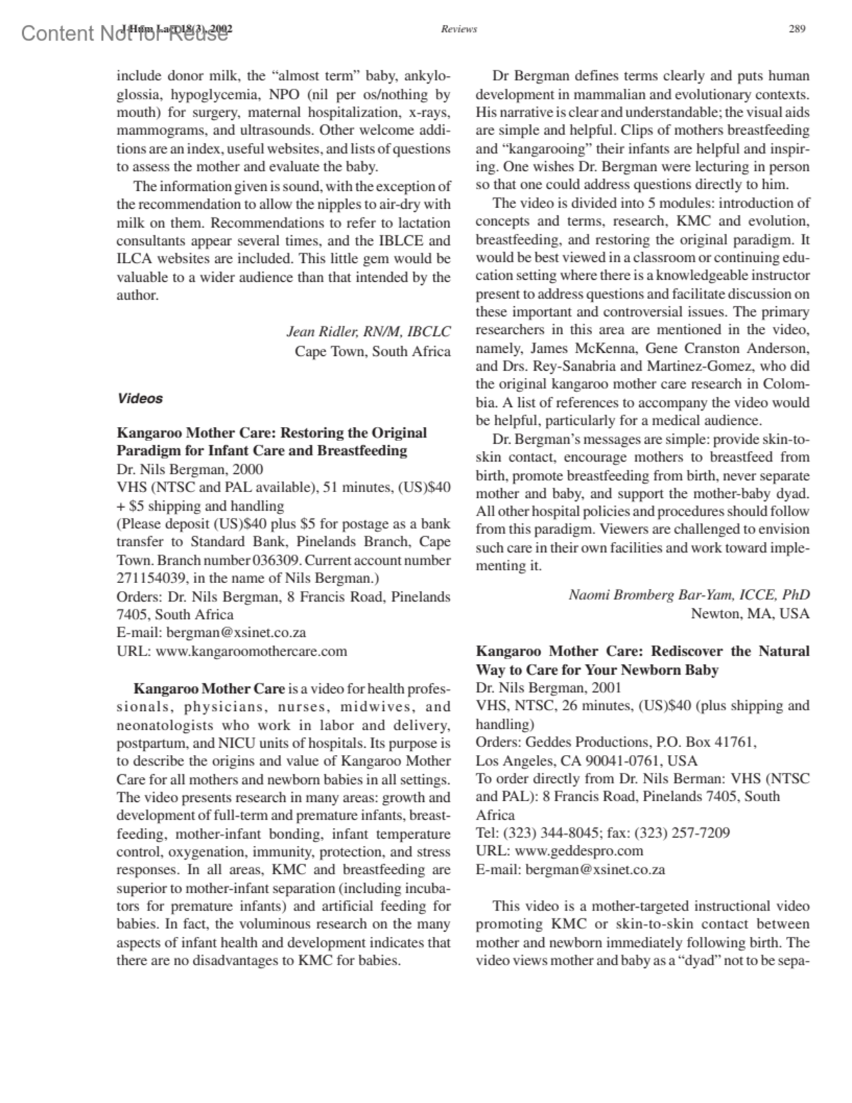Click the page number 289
[797, 29]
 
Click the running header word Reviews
[459, 29]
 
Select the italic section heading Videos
[140, 398]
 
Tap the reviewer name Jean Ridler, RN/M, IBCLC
[368, 331]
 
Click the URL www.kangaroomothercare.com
[251, 651]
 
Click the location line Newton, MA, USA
[750, 613]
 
